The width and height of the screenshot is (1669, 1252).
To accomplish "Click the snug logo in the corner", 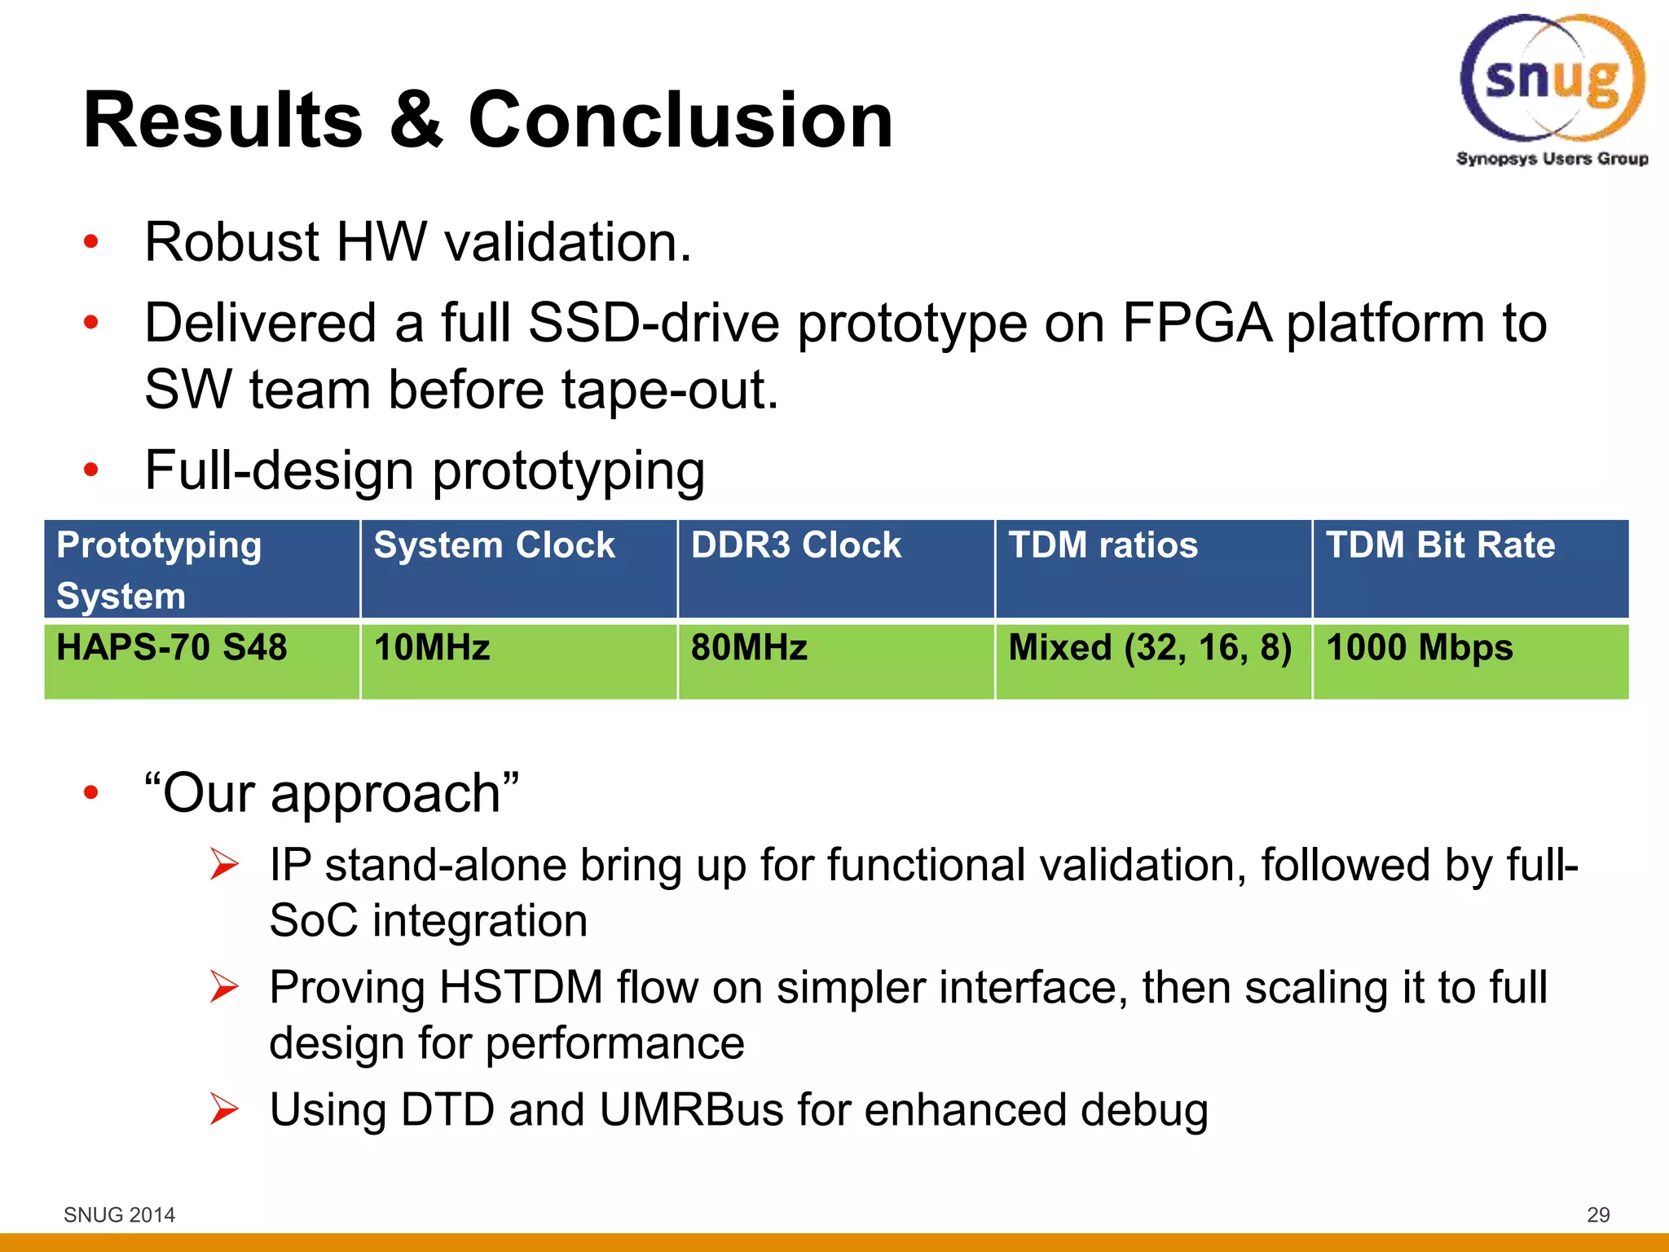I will [x=1552, y=79].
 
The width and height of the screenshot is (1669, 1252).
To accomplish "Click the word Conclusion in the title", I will [x=680, y=121].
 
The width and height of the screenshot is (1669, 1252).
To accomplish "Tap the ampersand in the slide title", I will [x=416, y=121].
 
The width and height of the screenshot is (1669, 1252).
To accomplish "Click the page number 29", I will [x=1598, y=1215].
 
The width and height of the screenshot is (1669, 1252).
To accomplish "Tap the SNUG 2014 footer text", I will [x=119, y=1215].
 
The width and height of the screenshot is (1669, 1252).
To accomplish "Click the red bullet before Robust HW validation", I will [x=90, y=242].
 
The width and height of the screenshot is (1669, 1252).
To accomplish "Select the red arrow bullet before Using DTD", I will [x=223, y=1109].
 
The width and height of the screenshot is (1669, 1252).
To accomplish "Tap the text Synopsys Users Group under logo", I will [x=1552, y=159].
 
